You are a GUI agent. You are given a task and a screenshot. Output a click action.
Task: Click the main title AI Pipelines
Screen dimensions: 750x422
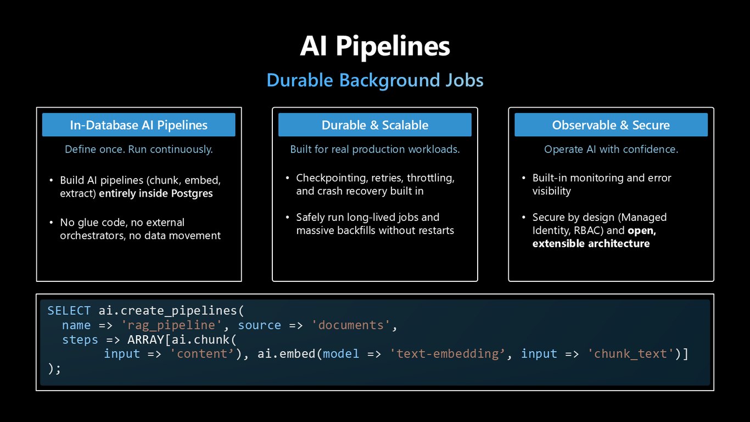click(375, 47)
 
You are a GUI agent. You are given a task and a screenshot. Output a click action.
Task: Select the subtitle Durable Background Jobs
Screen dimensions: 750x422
click(375, 80)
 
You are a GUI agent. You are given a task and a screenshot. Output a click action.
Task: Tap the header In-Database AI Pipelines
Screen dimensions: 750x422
click(138, 125)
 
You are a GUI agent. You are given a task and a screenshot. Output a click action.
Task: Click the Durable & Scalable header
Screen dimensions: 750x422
click(375, 125)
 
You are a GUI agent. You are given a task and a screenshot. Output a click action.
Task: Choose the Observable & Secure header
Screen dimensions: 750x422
click(611, 125)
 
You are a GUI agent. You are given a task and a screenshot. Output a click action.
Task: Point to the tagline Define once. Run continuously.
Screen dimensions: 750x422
click(138, 149)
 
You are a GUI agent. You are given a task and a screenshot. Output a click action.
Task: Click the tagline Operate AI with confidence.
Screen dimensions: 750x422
click(611, 149)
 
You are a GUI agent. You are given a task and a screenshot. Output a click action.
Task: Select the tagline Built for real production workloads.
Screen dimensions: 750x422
click(375, 149)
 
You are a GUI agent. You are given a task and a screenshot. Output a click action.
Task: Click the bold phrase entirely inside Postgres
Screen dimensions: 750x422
click(156, 193)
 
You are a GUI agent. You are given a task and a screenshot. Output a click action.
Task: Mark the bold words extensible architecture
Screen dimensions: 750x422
click(591, 243)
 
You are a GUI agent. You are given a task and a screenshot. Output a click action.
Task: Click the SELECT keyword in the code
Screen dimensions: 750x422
click(69, 310)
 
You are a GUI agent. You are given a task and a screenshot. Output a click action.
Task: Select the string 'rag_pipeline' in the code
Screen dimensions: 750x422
click(171, 325)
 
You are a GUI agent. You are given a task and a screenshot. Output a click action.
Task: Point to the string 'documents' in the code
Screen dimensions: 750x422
click(350, 325)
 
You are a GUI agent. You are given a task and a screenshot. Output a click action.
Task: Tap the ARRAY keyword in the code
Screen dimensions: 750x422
click(145, 340)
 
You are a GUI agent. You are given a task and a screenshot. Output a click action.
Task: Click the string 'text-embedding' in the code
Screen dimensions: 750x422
click(447, 354)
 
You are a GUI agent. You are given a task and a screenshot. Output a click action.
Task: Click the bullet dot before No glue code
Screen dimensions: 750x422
click(51, 223)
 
